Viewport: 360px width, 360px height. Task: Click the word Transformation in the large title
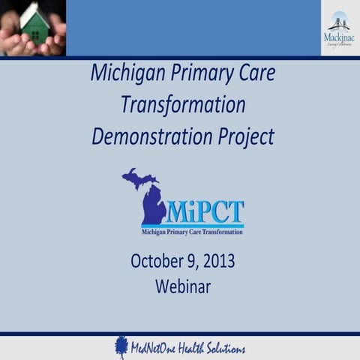pos(183,104)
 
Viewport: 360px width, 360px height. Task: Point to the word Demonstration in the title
pos(156,136)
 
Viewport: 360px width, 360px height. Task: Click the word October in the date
pos(157,262)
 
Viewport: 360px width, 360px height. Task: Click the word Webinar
pos(183,286)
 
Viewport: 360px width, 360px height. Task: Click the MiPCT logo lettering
pos(204,212)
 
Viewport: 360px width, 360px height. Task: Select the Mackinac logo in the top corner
pos(340,28)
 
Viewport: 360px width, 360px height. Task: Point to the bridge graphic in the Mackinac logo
pos(340,20)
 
